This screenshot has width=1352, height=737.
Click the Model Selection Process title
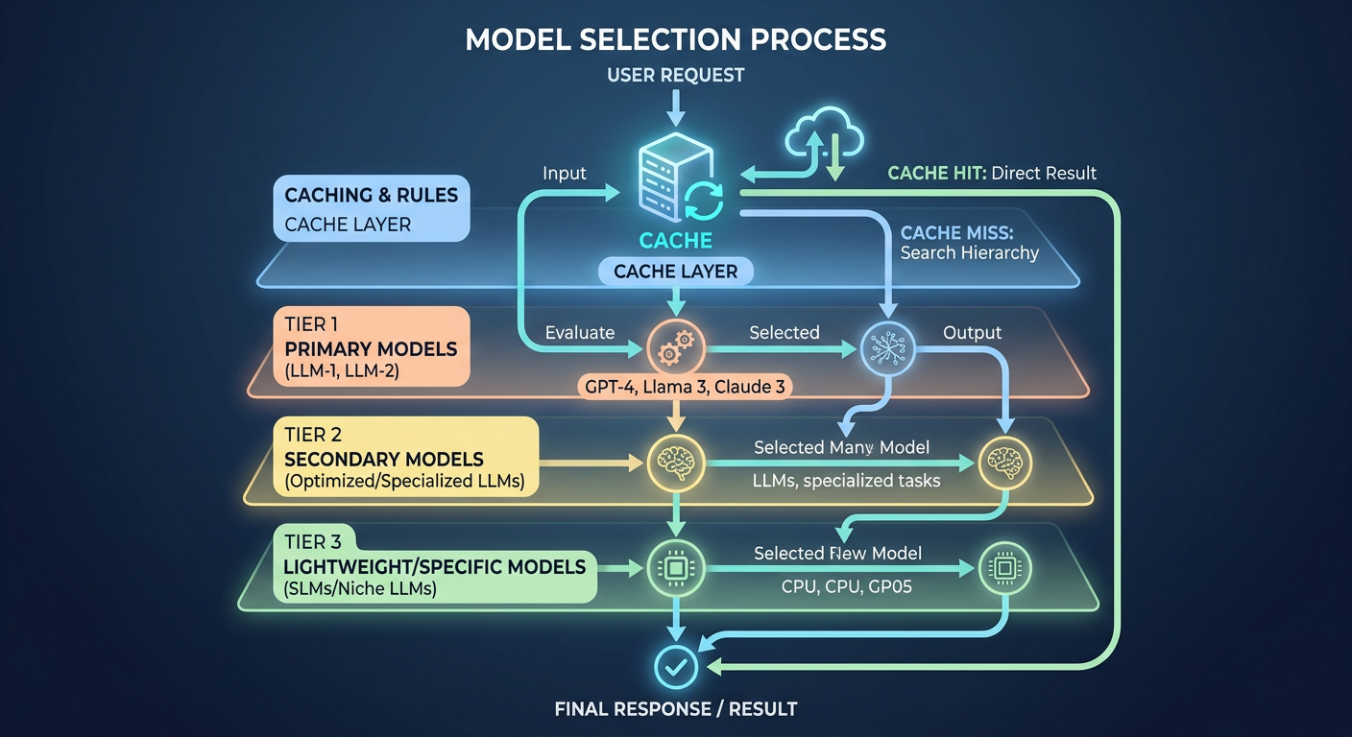tap(675, 39)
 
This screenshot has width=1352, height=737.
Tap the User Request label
tap(675, 75)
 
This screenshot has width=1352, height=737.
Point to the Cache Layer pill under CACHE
tap(675, 272)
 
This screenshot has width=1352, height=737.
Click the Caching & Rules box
tap(372, 208)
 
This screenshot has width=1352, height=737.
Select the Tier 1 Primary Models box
tap(372, 346)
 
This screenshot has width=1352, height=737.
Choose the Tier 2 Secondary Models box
tap(405, 457)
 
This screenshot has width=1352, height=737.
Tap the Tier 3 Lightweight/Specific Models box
tap(435, 564)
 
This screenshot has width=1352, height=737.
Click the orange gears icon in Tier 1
tap(676, 348)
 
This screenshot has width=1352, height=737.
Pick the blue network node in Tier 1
tap(887, 349)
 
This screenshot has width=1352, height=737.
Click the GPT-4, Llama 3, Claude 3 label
tap(685, 387)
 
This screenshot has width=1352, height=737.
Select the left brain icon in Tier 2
tap(676, 463)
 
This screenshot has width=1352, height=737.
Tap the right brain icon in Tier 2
tap(1005, 463)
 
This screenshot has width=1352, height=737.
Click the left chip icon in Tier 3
tap(676, 568)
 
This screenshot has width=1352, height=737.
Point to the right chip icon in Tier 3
tap(1005, 568)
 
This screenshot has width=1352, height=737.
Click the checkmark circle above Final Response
tap(676, 667)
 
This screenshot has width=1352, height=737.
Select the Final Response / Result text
tap(676, 708)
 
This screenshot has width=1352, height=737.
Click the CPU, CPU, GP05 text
tap(846, 586)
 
